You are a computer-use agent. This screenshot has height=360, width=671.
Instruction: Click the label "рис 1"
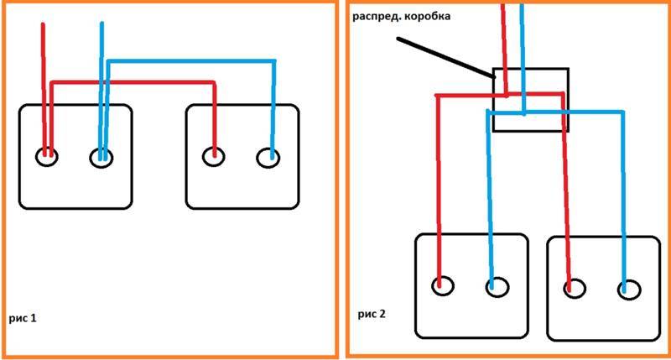[23, 318]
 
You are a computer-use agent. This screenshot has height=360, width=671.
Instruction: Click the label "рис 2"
[372, 314]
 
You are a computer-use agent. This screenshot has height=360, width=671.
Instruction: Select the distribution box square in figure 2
[493, 99]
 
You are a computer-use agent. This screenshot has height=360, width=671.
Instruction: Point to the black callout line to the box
[446, 58]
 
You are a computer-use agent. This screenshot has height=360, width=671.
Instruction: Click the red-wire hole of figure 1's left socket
[47, 157]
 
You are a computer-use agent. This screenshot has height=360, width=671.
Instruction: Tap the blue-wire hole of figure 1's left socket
[101, 158]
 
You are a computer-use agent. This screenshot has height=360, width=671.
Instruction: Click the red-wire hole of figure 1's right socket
[213, 156]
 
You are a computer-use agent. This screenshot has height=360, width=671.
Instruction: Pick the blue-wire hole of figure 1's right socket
[268, 158]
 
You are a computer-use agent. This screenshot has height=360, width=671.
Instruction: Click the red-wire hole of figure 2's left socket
[443, 285]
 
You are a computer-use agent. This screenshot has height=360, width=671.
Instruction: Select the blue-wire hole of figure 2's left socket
[497, 287]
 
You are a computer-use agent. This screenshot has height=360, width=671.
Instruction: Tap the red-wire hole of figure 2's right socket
[575, 288]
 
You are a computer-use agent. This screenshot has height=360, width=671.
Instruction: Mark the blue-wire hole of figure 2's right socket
[629, 290]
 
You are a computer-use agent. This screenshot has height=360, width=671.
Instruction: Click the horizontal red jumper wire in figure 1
[133, 82]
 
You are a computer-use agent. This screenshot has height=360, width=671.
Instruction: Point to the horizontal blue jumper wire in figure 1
[191, 61]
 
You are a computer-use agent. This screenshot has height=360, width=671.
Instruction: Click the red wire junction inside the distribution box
[507, 95]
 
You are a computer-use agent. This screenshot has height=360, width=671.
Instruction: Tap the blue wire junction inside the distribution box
[523, 112]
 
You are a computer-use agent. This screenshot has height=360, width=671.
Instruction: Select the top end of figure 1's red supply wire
[43, 24]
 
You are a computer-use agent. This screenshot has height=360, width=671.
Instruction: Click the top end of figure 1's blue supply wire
[101, 23]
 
